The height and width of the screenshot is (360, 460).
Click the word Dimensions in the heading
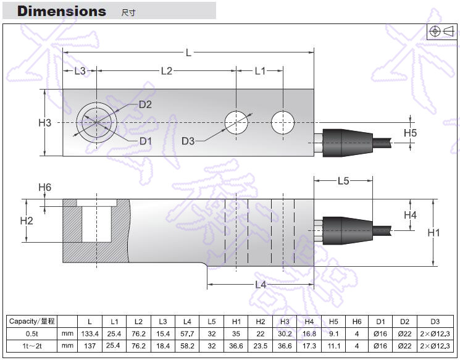coord(62,11)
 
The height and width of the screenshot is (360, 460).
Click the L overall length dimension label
coord(188,53)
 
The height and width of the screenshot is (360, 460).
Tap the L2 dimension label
coord(166,71)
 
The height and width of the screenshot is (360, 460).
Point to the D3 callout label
coord(188,141)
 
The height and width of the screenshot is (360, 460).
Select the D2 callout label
coord(145,104)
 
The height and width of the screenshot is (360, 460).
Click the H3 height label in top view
coord(44,123)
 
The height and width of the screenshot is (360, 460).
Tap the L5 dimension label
coord(343,181)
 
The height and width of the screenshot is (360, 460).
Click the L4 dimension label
coord(260,285)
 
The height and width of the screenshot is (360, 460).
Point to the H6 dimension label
coord(44,188)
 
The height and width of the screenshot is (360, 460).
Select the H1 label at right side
coord(433,233)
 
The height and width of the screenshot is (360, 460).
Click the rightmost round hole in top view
coord(282,122)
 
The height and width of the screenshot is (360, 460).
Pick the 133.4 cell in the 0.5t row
coord(90,333)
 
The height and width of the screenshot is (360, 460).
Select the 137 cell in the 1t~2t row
coord(90,346)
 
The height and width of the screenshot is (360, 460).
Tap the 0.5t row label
coord(31,333)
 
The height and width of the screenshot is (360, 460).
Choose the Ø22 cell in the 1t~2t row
coord(404,346)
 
